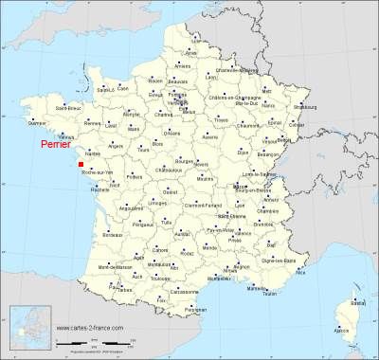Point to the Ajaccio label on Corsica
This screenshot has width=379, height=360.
342,330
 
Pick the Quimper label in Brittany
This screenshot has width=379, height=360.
38,122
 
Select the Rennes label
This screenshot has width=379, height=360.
92,122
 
